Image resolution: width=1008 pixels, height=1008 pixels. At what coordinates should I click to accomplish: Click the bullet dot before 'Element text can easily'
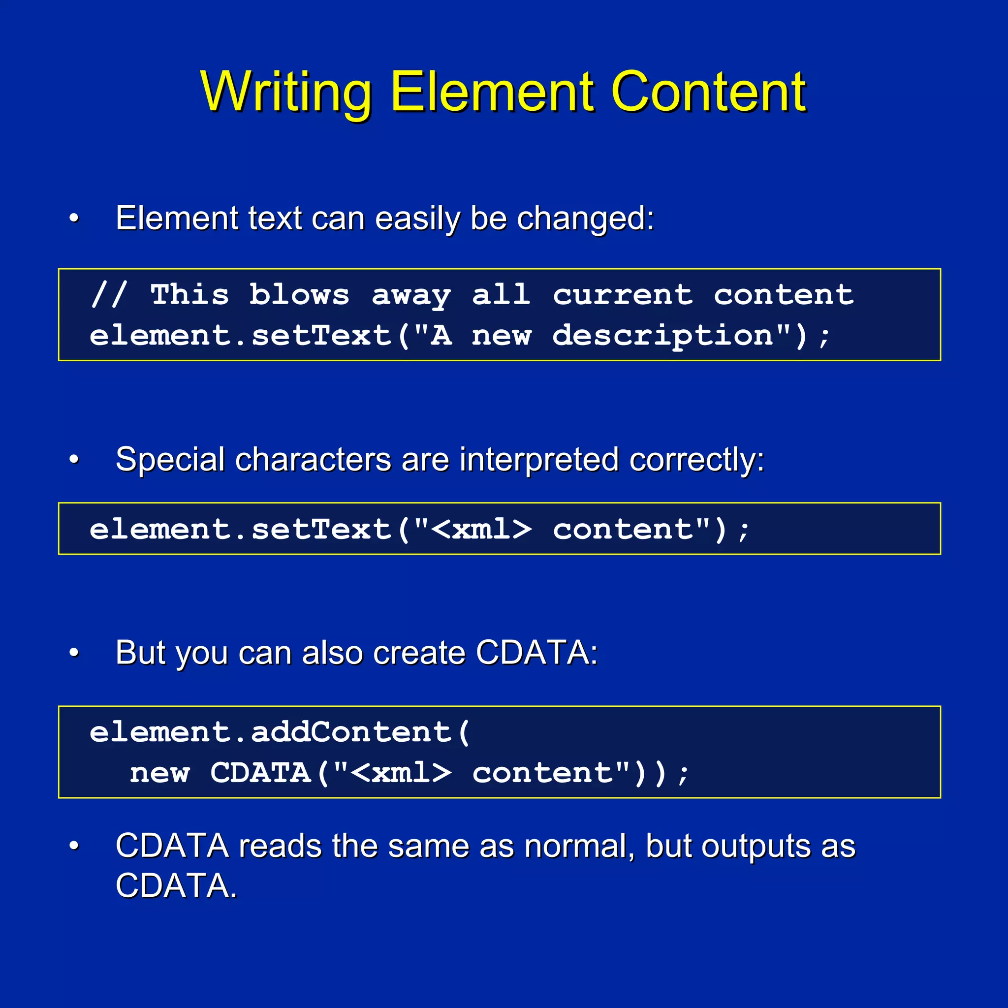[74, 218]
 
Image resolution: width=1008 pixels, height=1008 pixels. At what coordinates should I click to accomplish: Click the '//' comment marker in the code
[108, 295]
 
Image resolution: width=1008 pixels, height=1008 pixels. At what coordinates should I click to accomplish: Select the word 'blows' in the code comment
[299, 295]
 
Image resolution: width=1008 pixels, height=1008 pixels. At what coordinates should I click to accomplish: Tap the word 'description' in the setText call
[662, 336]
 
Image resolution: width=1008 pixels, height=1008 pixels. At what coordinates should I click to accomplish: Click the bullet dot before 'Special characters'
[74, 460]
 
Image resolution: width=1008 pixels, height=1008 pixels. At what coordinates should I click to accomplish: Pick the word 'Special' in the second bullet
[170, 460]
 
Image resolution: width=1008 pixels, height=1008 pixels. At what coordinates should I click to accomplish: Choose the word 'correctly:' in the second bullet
[696, 460]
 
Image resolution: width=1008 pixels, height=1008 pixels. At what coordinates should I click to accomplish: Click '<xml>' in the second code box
[482, 530]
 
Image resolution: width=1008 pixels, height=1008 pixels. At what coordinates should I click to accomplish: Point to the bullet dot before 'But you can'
[74, 653]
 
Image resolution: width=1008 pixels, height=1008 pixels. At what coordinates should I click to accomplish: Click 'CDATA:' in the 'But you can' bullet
[537, 653]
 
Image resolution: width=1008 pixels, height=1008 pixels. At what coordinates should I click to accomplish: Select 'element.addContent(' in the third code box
[280, 732]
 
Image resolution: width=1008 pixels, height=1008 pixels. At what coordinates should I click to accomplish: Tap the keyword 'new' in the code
[159, 773]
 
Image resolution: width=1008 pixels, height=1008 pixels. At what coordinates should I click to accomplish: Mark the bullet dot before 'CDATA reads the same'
[74, 846]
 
